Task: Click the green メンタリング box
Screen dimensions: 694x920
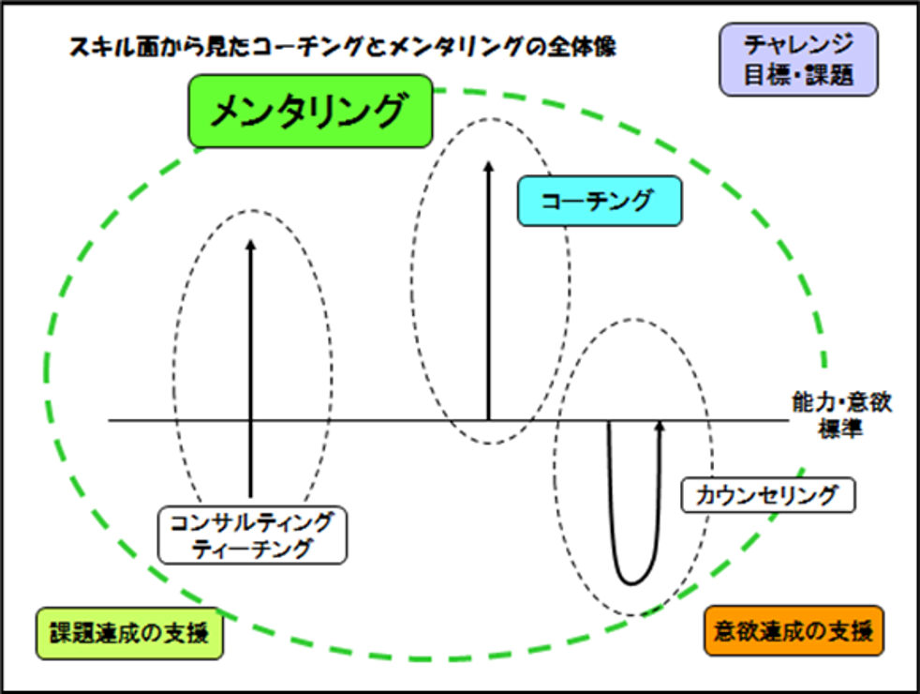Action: pos(310,112)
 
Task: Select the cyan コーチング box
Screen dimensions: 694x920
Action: pos(599,202)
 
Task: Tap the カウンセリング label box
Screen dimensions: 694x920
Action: pos(768,494)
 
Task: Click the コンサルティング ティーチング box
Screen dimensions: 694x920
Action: pos(252,536)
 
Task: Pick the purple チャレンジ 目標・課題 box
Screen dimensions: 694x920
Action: pos(798,59)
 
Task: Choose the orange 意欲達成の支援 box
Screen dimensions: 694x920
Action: pos(793,629)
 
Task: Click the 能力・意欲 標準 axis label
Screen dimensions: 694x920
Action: pos(839,415)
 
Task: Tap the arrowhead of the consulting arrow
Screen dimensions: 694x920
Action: pos(250,244)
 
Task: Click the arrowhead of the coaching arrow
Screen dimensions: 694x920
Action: pos(488,167)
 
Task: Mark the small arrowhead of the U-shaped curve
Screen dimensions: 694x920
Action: pos(660,426)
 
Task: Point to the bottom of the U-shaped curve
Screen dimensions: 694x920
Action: pos(633,581)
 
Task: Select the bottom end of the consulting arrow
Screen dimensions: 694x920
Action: pos(250,493)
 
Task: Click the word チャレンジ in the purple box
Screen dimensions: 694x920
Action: pos(798,44)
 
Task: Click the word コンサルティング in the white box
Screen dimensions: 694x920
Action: pos(252,522)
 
